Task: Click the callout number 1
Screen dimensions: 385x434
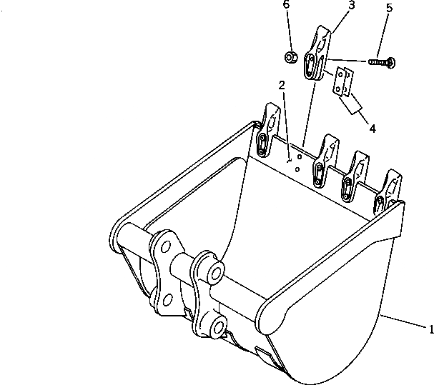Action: pos(430,329)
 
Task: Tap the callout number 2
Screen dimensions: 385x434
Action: pos(282,85)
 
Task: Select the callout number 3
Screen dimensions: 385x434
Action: pos(331,6)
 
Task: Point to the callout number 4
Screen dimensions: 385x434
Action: pos(373,129)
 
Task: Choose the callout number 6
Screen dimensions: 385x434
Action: pos(286,5)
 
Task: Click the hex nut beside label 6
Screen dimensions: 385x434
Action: pos(291,56)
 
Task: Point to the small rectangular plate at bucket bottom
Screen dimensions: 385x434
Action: pos(262,354)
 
